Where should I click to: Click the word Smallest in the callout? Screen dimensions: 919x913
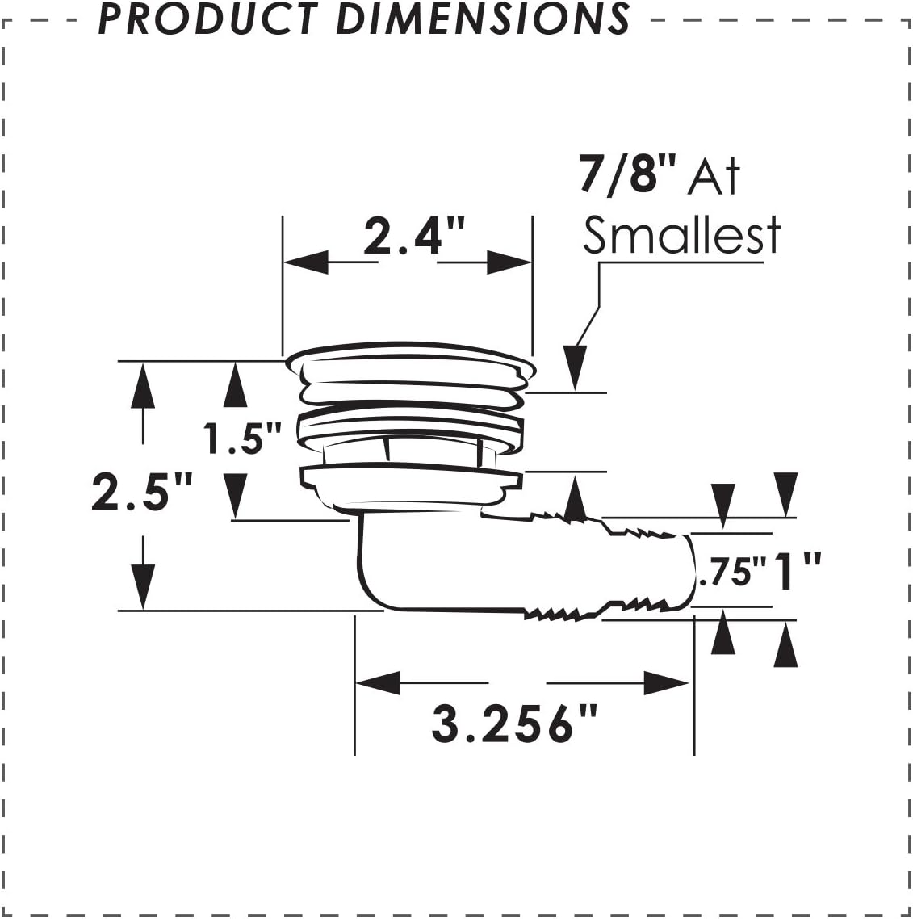point(682,235)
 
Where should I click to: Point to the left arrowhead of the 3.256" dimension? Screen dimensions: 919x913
point(378,683)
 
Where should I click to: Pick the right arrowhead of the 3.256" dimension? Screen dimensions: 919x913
point(667,683)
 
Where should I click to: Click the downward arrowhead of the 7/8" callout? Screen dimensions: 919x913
point(575,367)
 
